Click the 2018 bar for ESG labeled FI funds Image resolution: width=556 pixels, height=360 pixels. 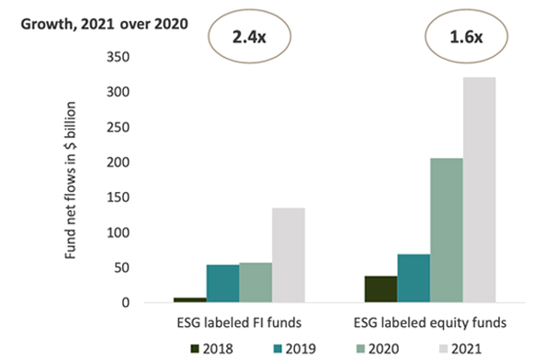click(x=190, y=299)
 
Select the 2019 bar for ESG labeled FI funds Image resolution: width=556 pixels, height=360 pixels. click(x=222, y=284)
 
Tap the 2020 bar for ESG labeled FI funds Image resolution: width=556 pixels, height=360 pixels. click(x=255, y=283)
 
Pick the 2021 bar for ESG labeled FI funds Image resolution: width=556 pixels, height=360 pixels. click(x=288, y=255)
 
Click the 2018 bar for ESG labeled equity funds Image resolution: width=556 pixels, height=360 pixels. click(x=380, y=289)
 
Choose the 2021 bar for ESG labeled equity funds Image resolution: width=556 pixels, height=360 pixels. click(x=479, y=190)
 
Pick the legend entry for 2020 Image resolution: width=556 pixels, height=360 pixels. click(x=387, y=347)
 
